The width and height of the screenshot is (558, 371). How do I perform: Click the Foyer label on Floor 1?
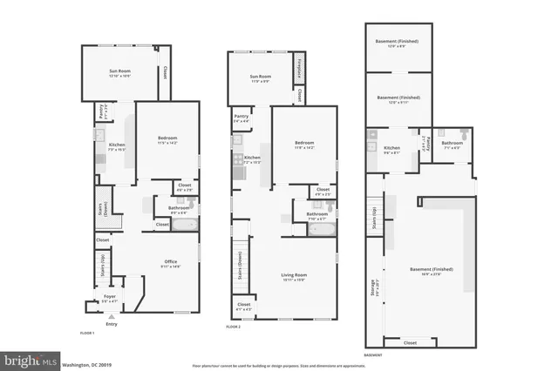[x=110, y=296]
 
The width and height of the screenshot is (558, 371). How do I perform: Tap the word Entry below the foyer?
[x=111, y=324]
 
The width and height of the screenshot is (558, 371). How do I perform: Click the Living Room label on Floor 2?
[x=294, y=276]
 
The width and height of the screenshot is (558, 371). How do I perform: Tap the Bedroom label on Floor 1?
[x=167, y=138]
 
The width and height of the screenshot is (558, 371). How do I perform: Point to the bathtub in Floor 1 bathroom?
[x=185, y=225]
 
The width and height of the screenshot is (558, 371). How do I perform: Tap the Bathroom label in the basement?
[x=452, y=143]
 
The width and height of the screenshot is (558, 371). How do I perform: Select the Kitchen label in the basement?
[x=391, y=149]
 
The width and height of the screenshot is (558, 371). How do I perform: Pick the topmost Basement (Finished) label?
[x=398, y=41]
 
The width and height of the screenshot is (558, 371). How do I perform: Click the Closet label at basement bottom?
[x=410, y=343]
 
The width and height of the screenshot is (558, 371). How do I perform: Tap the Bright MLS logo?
[x=31, y=359]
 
